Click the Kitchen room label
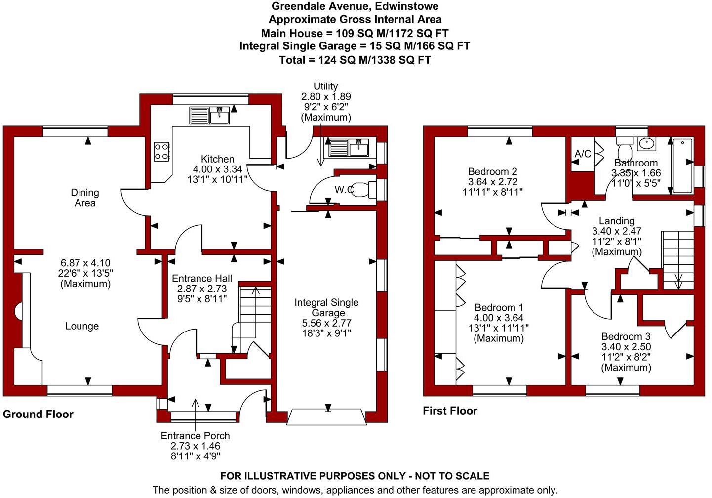[217, 159]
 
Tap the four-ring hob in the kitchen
[161, 151]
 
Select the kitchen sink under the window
[209, 115]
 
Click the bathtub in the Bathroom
[683, 166]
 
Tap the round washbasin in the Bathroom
[646, 144]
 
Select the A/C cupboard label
[583, 154]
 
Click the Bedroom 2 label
[493, 172]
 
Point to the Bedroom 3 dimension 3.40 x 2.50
[626, 347]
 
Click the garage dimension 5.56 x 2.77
[326, 323]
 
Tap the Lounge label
[82, 326]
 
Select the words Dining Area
[85, 198]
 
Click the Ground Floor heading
[38, 414]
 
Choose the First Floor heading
[450, 411]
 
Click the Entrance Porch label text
[195, 435]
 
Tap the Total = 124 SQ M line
[355, 60]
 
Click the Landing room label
[617, 221]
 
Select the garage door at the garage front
[326, 417]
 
